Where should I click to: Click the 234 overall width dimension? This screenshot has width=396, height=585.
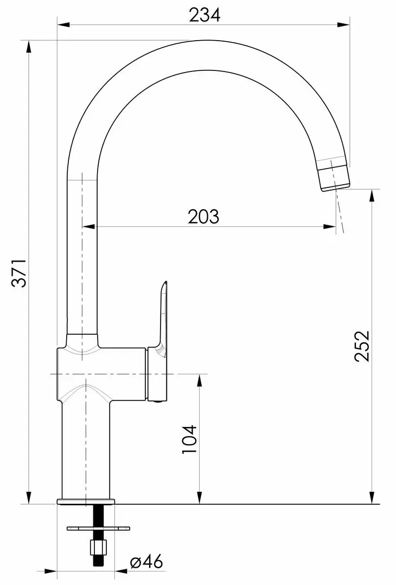(x=205, y=15)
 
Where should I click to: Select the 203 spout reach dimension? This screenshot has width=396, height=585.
(x=203, y=216)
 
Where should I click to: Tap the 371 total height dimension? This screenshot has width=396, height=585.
(x=18, y=272)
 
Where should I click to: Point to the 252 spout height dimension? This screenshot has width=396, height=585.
(x=362, y=346)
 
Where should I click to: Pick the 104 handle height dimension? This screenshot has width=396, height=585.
(x=189, y=439)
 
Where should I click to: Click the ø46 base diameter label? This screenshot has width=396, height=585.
(x=146, y=561)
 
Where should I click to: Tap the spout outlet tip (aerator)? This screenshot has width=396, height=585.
(x=334, y=175)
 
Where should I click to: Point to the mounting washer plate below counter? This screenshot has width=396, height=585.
(x=99, y=528)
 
